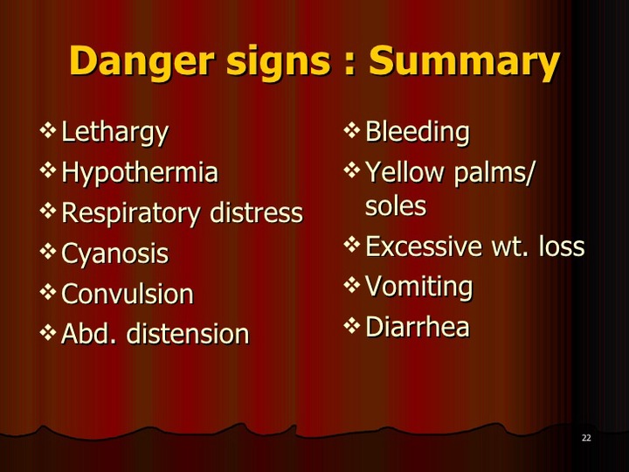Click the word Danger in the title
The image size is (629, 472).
pyautogui.click(x=142, y=61)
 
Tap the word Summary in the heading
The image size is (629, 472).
pyautogui.click(x=464, y=61)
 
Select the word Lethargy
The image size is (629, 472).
pyautogui.click(x=114, y=133)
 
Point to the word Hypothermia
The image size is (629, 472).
pyautogui.click(x=140, y=173)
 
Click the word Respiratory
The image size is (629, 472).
pyautogui.click(x=130, y=213)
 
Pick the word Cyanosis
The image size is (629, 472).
pyautogui.click(x=114, y=253)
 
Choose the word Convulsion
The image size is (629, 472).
pyautogui.click(x=128, y=294)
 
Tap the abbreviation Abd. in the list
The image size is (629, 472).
pyautogui.click(x=88, y=334)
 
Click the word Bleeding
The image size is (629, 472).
pyautogui.click(x=418, y=133)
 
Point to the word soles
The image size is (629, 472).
pyautogui.click(x=396, y=206)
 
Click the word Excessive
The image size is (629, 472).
pyautogui.click(x=424, y=246)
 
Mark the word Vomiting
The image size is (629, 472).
pyautogui.click(x=419, y=287)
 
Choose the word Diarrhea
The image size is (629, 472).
pyautogui.click(x=418, y=326)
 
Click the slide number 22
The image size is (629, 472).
pyautogui.click(x=586, y=438)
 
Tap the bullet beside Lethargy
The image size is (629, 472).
pyautogui.click(x=48, y=131)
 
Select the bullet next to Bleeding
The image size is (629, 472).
pyautogui.click(x=352, y=131)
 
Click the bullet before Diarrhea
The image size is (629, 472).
pyautogui.click(x=352, y=325)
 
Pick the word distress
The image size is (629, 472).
pyautogui.click(x=256, y=212)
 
